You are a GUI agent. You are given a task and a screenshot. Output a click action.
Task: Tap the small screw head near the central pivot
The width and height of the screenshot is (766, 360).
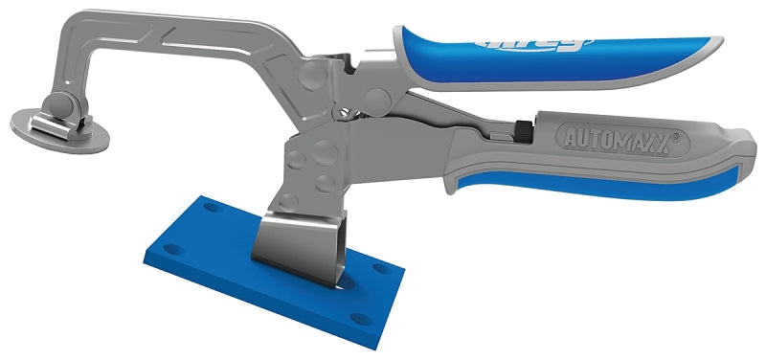(x=339, y=112)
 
